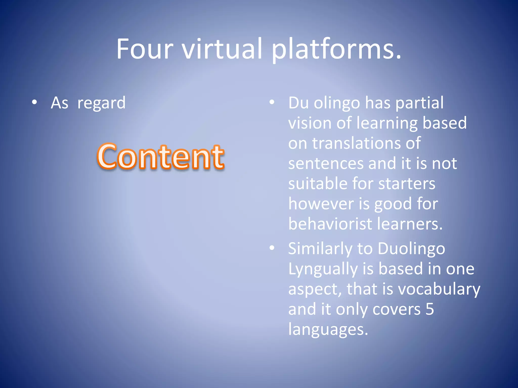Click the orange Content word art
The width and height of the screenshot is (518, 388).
[161, 156]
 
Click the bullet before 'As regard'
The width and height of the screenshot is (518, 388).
[34, 102]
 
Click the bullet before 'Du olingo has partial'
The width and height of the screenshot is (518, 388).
[272, 102]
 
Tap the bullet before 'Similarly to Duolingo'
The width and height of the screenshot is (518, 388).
[272, 248]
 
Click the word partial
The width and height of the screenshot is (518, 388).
[419, 103]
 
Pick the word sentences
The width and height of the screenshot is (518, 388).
[326, 163]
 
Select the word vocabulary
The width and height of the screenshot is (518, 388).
[439, 289]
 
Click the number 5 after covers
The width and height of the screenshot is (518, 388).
[429, 309]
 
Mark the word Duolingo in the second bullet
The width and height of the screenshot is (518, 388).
[411, 249]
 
